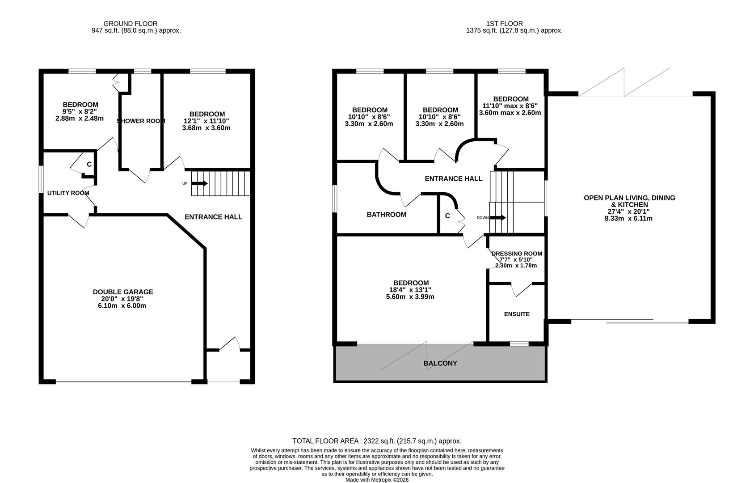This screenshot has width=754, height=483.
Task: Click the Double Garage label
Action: (123, 292)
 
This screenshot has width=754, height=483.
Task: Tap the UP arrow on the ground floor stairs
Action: (200, 183)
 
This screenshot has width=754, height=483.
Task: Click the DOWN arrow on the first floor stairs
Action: (498, 218)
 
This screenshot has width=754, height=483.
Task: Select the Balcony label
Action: (440, 364)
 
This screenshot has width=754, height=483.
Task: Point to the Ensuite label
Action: (517, 314)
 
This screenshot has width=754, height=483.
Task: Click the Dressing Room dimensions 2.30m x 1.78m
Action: (516, 266)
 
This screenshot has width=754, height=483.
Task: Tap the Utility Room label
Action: (68, 193)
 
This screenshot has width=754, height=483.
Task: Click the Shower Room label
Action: (141, 121)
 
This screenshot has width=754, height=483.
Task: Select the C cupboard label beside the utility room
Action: (89, 165)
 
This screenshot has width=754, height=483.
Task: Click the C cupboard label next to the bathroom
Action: (447, 216)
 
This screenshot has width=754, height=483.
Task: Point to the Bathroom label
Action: (386, 215)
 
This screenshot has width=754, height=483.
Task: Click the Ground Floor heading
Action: (130, 24)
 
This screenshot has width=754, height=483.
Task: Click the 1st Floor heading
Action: (504, 24)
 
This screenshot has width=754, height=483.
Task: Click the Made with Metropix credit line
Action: (377, 480)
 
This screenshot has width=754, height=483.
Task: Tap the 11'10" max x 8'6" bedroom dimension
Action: (510, 106)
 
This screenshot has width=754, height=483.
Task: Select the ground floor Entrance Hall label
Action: (213, 217)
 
